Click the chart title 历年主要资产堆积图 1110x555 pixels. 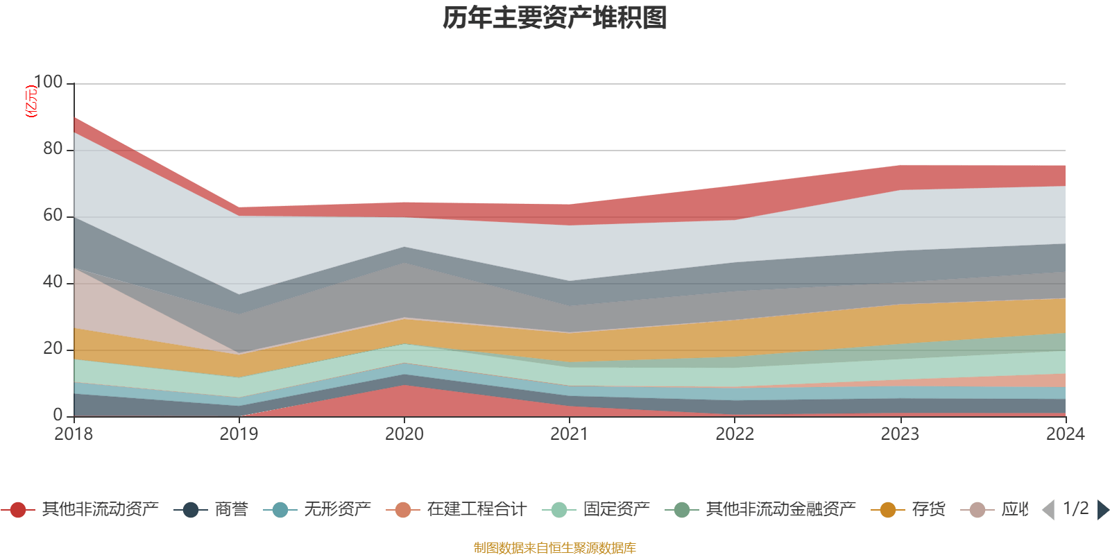[555, 19]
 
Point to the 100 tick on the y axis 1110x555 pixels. [48, 83]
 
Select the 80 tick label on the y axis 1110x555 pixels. [53, 149]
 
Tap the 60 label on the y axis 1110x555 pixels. [53, 216]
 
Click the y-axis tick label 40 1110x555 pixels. [53, 282]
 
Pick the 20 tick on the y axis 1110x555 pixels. [53, 349]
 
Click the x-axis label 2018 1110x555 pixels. [74, 434]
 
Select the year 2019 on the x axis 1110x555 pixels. [239, 434]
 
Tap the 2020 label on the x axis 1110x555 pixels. [404, 434]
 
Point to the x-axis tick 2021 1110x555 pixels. [570, 434]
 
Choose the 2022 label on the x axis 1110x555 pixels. [735, 434]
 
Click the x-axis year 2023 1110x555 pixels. [900, 434]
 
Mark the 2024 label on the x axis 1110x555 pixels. [1065, 434]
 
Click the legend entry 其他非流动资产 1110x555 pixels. [100, 510]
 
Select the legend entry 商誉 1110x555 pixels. [231, 510]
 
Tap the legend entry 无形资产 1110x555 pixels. [337, 510]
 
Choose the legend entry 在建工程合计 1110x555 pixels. [477, 510]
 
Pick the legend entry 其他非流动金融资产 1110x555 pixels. [780, 510]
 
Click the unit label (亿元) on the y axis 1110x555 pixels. [31, 101]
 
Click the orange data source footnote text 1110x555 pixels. [555, 548]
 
